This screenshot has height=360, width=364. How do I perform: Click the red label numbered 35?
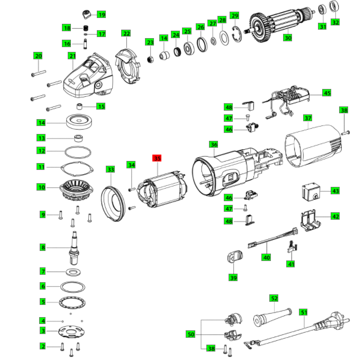tap(157, 158)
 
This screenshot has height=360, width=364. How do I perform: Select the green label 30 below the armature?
tap(288, 38)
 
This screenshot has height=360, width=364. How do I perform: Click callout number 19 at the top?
tap(101, 14)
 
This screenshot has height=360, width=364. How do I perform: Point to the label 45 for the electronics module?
tap(327, 93)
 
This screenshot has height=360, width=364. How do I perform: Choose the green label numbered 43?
tap(335, 190)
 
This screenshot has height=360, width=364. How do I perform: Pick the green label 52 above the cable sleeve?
tap(274, 298)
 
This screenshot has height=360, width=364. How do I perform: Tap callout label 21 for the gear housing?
tap(72, 56)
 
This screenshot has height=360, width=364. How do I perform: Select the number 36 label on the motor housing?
tap(213, 144)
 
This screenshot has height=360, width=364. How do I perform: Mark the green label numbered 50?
tap(190, 334)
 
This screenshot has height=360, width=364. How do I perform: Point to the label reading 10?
tap(42, 187)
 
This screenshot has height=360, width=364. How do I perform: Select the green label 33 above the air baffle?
tap(110, 169)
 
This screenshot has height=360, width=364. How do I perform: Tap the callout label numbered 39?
tap(233, 277)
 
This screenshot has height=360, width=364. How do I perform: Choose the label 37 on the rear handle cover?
tap(308, 118)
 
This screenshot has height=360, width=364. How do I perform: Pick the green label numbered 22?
tap(126, 33)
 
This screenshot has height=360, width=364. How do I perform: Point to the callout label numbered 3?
tap(43, 330)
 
